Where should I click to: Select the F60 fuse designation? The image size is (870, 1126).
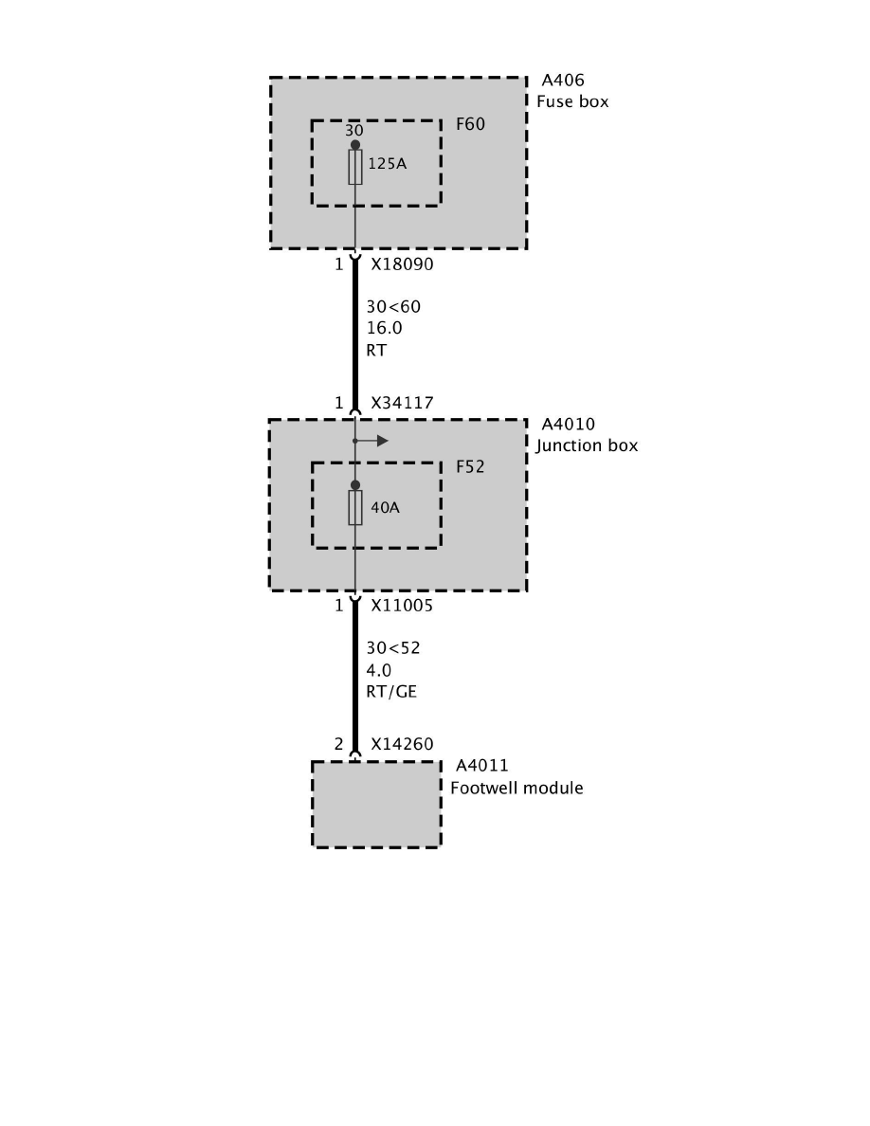pos(470,124)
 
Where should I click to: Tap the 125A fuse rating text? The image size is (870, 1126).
pos(387,164)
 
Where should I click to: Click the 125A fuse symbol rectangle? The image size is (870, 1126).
pos(355,167)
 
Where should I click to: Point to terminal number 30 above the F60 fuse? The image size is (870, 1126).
pos(353,131)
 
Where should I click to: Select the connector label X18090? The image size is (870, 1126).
pos(402,264)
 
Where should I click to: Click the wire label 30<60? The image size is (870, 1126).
pos(393,307)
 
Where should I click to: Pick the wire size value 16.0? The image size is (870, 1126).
pos(385,328)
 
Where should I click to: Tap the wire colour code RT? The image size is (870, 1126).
pos(376,350)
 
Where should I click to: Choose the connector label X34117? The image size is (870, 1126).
pos(402,403)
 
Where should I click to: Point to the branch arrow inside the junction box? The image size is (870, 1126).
pos(376,441)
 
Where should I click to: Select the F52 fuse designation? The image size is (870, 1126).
pos(470,466)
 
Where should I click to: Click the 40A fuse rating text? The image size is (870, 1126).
pos(385,507)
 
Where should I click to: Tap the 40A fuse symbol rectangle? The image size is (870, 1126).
pos(355,508)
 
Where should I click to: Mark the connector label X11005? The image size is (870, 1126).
pos(402,606)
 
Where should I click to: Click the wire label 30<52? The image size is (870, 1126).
pos(393,649)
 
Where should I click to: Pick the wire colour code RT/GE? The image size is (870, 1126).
pos(391,692)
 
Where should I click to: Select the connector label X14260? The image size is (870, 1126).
pos(402,745)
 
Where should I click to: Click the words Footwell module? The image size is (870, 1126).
pos(517,788)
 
